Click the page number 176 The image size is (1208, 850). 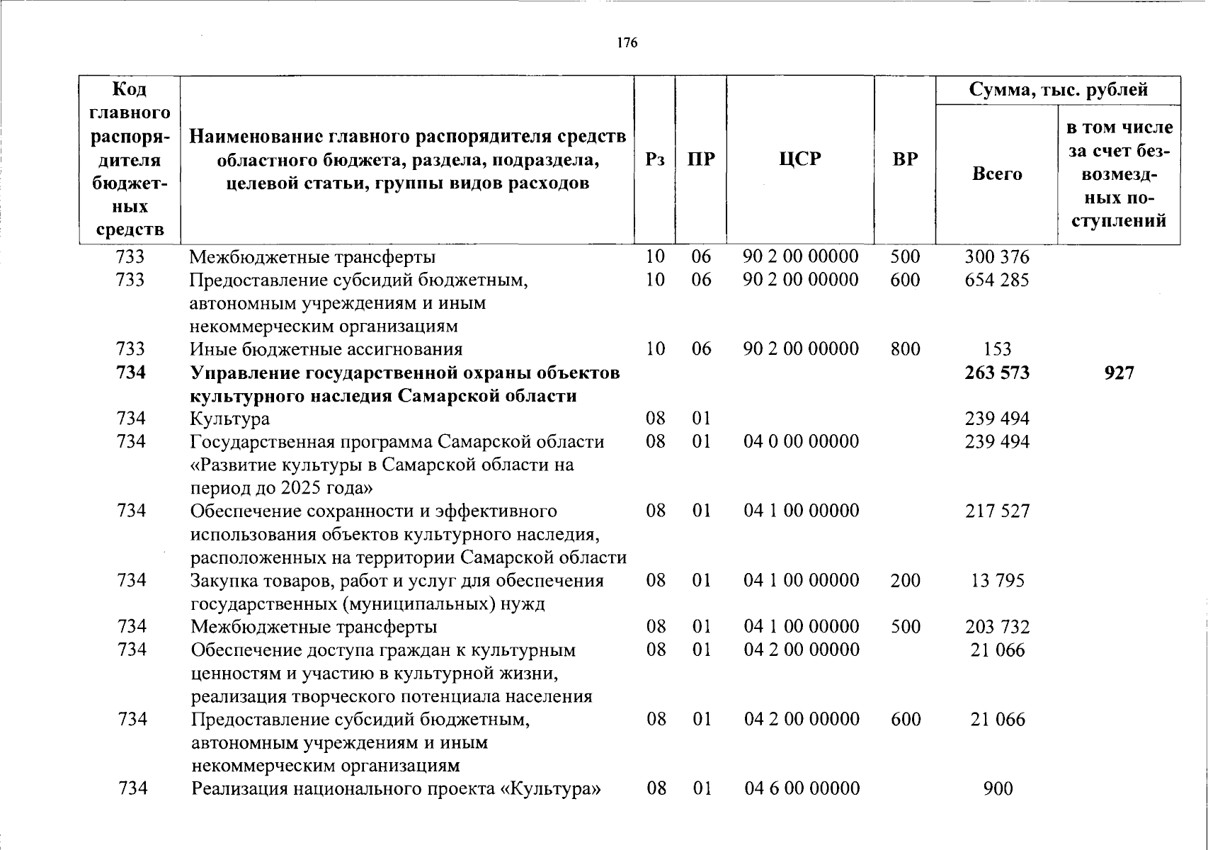[x=627, y=42]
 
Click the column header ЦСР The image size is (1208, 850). [x=800, y=159]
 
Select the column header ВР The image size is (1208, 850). [x=905, y=159]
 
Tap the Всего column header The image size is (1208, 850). [x=997, y=174]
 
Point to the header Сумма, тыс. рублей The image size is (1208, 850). [x=1058, y=90]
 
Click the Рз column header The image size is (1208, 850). [x=655, y=159]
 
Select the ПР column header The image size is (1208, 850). [x=701, y=159]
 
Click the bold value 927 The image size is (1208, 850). [x=1119, y=373]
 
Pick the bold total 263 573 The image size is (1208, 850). [x=997, y=373]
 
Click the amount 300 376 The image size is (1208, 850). [x=997, y=256]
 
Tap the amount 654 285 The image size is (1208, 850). [x=997, y=280]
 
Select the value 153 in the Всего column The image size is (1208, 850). [x=997, y=349]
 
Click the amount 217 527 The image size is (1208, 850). [x=997, y=511]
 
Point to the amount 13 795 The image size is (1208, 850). [x=997, y=581]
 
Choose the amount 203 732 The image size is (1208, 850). [x=997, y=627]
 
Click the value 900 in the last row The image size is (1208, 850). [x=998, y=788]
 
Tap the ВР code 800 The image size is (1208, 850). [x=906, y=349]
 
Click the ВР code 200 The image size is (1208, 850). [x=906, y=581]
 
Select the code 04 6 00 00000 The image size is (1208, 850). [x=802, y=788]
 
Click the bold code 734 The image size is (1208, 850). [x=132, y=373]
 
